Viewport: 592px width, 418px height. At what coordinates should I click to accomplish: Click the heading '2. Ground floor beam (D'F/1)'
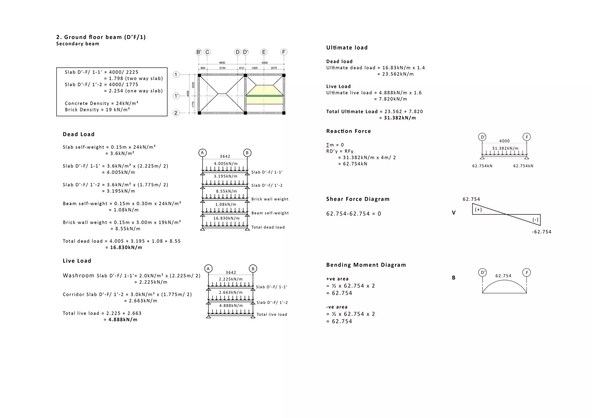[x=101, y=37]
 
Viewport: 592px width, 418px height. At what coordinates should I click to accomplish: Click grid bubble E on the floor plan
[x=264, y=52]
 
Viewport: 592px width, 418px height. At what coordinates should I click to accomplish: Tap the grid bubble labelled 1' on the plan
[x=176, y=96]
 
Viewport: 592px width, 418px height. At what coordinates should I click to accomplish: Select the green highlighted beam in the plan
[x=264, y=96]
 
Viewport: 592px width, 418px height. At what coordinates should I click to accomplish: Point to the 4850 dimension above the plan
[x=222, y=63]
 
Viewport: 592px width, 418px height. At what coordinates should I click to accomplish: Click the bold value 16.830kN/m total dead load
[x=126, y=247]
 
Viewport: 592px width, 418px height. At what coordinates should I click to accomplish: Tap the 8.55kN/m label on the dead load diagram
[x=226, y=191]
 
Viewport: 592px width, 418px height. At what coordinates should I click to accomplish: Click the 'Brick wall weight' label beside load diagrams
[x=270, y=199]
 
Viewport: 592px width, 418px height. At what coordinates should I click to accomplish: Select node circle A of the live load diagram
[x=208, y=269]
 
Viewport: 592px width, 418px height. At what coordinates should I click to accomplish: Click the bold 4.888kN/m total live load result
[x=123, y=319]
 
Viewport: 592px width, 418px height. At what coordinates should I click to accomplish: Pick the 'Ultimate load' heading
[x=347, y=48]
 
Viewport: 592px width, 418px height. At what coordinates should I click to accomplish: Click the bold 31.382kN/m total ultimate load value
[x=400, y=118]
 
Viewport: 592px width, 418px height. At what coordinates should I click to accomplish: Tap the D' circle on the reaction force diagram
[x=482, y=137]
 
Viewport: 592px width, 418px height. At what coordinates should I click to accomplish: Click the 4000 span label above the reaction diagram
[x=504, y=141]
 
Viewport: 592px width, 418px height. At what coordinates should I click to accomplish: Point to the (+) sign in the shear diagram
[x=478, y=209]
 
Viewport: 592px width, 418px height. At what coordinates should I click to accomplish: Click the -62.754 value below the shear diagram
[x=541, y=232]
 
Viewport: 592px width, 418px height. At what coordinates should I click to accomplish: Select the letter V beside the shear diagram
[x=454, y=213]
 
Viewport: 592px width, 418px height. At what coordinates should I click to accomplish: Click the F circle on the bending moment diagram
[x=527, y=272]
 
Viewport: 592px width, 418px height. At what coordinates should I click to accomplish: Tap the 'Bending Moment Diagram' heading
[x=366, y=265]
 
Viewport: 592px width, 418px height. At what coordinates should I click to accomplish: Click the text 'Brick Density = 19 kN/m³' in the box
[x=97, y=109]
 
